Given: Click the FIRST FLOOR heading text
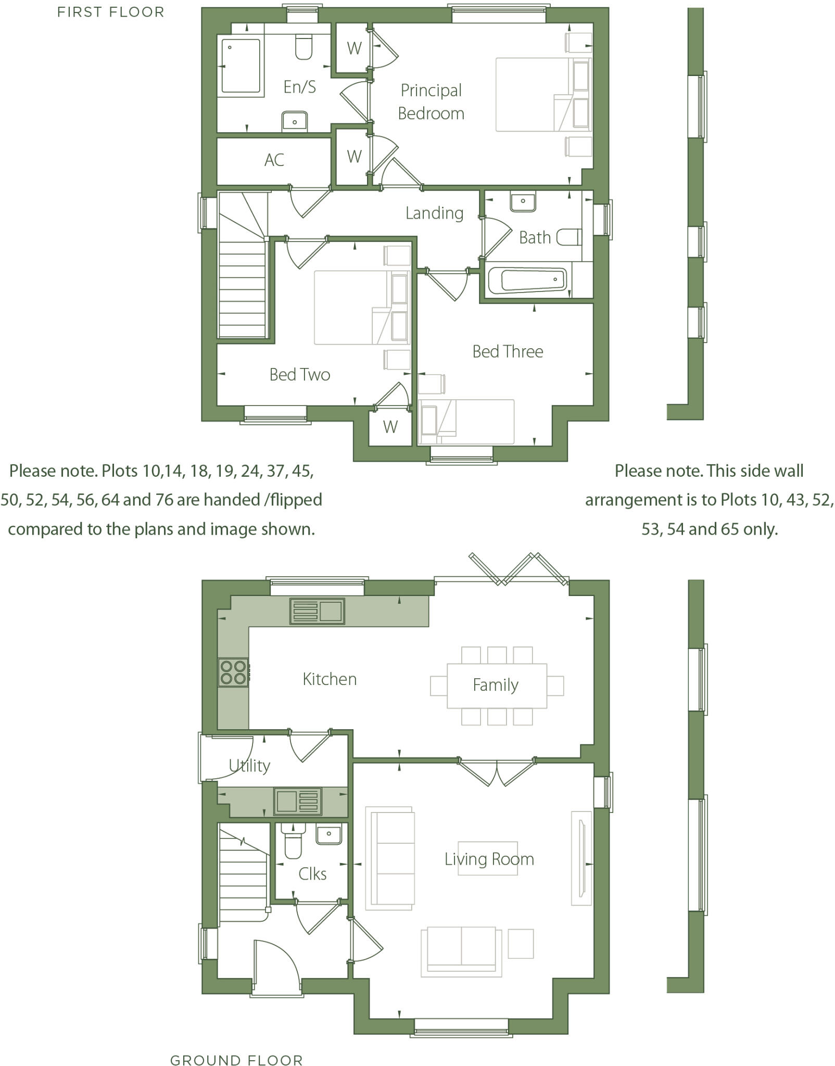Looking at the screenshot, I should pos(110,12).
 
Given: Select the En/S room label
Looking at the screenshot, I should pos(299,86).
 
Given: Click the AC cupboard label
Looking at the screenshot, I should pos(274,160).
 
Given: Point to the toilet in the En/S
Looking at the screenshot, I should pos(303,46).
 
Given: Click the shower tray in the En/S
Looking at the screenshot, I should pos(241,66).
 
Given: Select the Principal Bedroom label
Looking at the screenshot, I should pos(431,102).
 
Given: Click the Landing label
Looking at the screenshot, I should pos(434,213).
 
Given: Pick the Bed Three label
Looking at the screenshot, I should pos(508,352).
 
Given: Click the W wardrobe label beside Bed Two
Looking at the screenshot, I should pos(390,427).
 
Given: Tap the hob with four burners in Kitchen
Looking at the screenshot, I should pos(233,672).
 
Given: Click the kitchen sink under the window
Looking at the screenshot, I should pos(318,611).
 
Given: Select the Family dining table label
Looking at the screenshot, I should pos(496,685).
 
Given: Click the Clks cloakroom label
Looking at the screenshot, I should pos(312,873).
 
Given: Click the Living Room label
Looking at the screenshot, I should pos(489,859).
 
